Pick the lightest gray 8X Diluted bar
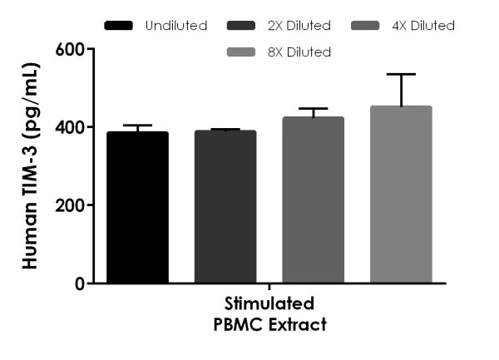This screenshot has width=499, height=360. click(x=401, y=195)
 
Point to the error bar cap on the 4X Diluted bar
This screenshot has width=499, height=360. click(x=313, y=109)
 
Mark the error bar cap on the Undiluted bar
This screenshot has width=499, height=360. click(x=137, y=126)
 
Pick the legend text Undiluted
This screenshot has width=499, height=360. click(x=176, y=26)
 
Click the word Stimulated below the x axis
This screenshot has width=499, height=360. click(x=269, y=302)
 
